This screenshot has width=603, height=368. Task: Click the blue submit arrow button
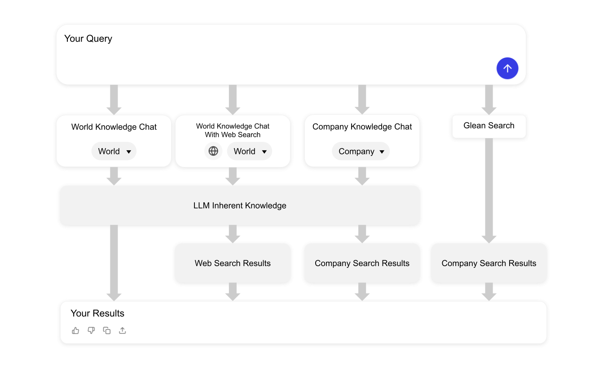point(507,68)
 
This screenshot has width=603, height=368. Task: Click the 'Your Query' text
point(88,39)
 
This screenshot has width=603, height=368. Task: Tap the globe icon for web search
point(213,151)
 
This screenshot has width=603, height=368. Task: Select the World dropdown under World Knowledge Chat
point(114,151)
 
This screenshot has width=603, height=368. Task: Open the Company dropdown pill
point(361,151)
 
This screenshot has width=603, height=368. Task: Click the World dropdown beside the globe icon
point(250,151)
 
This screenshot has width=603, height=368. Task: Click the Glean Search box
point(489,126)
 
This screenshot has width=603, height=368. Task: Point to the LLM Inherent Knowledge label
point(240,206)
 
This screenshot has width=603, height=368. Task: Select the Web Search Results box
point(233,263)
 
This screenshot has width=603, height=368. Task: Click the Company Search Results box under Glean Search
point(489,263)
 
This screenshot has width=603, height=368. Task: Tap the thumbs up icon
point(75,330)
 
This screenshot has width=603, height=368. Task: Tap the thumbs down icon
point(91,330)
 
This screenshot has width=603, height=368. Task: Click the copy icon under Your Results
point(107,330)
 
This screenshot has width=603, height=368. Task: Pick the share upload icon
point(123,330)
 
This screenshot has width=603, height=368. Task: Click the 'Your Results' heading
point(97,313)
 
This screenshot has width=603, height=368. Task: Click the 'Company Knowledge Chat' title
point(362,127)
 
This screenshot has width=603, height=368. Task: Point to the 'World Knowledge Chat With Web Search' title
point(233,131)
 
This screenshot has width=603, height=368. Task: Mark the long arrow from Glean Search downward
point(489,191)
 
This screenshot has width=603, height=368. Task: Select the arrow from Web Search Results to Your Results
point(233,292)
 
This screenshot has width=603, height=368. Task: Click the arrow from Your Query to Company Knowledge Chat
point(362,100)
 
